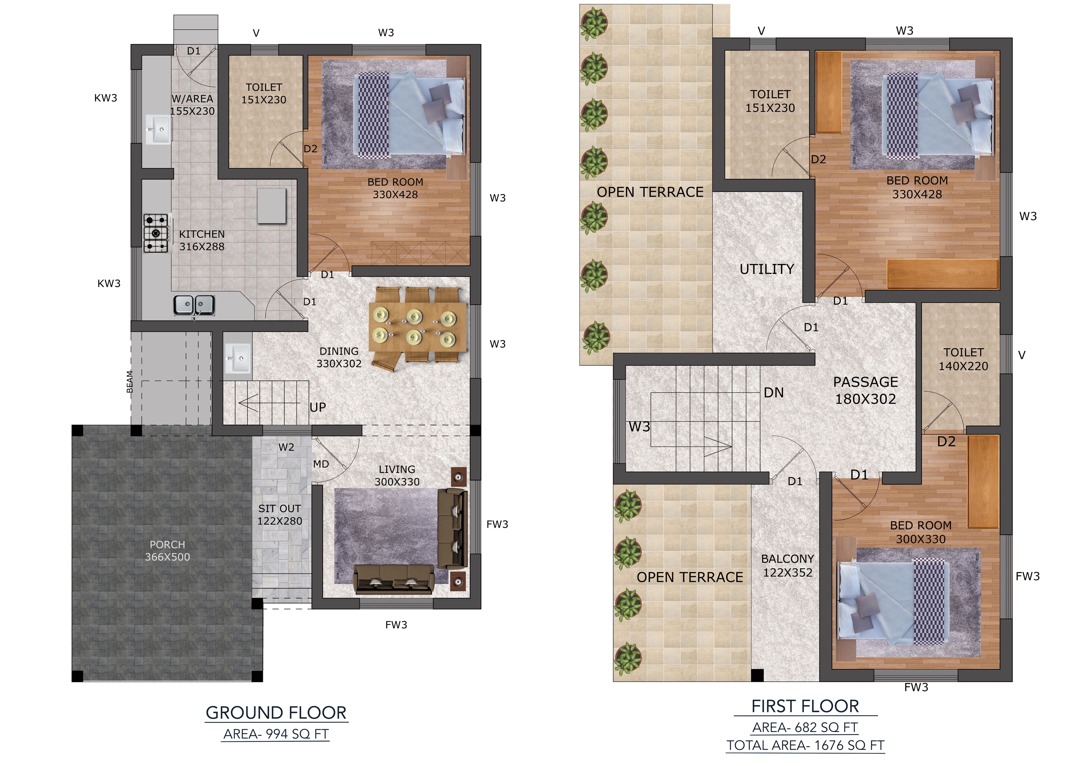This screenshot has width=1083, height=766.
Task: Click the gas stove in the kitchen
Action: point(156,233)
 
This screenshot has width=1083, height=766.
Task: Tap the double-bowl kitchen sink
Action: point(194,305)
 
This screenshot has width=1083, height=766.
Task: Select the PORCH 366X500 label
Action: point(167,551)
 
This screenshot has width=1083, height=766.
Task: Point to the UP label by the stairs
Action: point(317,407)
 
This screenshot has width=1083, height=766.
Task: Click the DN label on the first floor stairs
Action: point(774,393)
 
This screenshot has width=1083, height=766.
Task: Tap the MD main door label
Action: point(321,464)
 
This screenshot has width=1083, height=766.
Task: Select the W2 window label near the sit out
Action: point(286,447)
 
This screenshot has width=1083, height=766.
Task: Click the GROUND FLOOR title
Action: point(276,713)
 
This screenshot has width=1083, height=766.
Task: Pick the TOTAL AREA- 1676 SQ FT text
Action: point(805,745)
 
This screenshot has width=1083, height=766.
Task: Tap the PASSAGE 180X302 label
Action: point(866,390)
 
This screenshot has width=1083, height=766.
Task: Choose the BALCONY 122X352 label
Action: point(788,566)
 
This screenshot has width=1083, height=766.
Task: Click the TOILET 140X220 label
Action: point(963,359)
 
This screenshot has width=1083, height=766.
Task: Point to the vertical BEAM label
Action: point(130,382)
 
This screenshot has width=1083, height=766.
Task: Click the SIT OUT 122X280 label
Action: point(280,515)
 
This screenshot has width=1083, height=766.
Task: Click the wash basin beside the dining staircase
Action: point(237,358)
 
